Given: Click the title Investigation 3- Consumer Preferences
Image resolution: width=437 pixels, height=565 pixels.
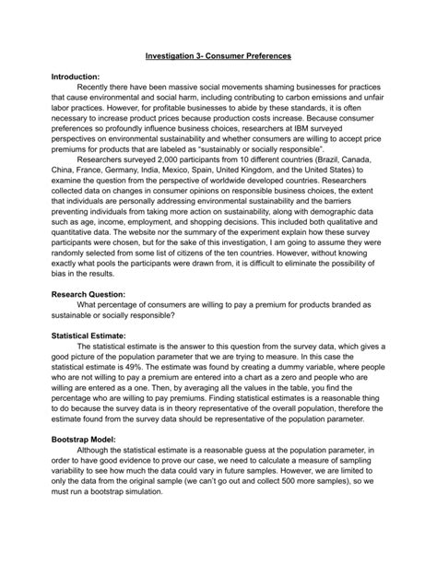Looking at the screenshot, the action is (219, 56).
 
